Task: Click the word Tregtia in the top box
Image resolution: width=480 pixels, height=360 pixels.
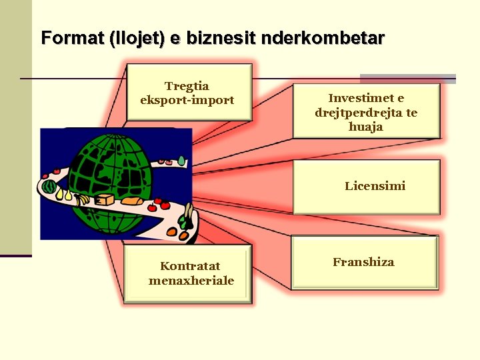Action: tap(187, 86)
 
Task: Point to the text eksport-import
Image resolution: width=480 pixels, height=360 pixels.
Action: tap(187, 100)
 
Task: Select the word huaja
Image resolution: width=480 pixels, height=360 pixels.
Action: tap(366, 126)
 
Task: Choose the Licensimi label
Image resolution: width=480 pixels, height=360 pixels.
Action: tap(375, 186)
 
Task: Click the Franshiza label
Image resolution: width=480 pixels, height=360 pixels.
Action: tap(363, 262)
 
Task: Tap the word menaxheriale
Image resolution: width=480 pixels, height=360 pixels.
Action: tap(191, 281)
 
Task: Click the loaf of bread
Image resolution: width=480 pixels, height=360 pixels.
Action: tap(131, 199)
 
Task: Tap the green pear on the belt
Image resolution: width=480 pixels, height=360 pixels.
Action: tap(181, 161)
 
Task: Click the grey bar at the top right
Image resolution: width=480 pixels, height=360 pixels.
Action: tap(408, 79)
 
